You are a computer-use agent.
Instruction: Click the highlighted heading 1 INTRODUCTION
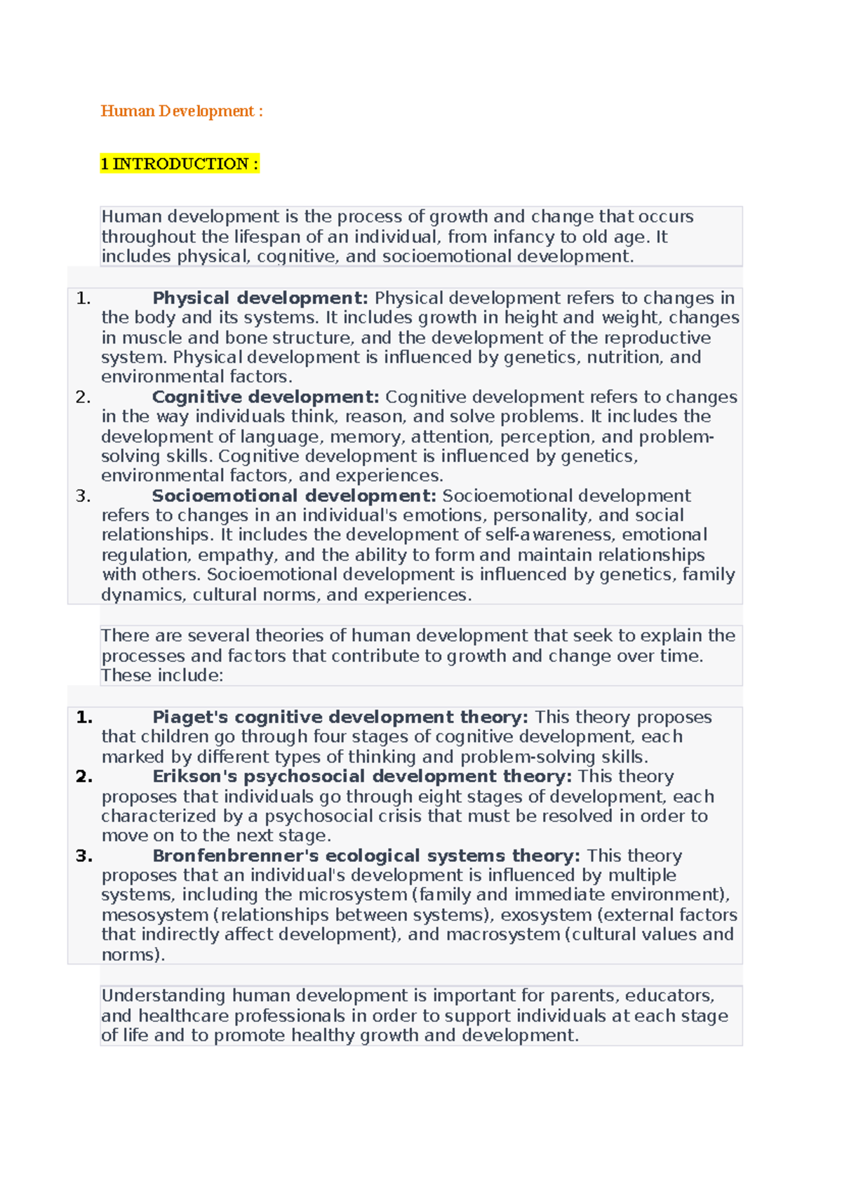coord(179,164)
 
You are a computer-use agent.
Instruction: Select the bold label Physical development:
coord(260,298)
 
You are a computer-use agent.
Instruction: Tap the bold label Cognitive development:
coord(265,397)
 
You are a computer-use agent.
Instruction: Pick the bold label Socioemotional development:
coord(294,496)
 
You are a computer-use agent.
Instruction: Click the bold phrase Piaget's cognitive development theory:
coord(340,717)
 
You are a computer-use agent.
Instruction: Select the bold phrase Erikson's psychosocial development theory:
coord(362,776)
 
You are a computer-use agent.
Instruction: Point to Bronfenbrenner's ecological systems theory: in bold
coord(366,855)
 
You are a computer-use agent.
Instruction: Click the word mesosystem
coord(155,915)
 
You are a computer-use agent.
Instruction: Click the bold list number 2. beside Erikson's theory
coord(84,776)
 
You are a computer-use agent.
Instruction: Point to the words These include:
coord(162,675)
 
